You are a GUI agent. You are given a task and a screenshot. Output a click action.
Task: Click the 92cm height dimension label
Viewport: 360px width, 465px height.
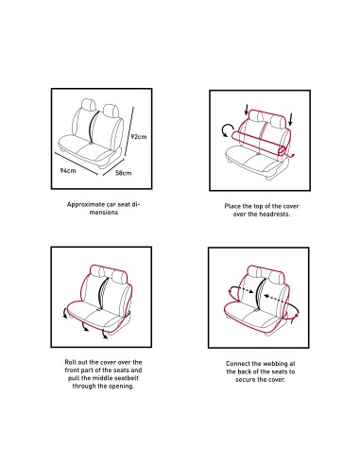point(139,137)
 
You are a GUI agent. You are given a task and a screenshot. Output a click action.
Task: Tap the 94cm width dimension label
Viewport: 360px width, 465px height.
point(68,170)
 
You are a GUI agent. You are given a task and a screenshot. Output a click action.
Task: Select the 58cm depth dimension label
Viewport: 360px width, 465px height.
point(123,173)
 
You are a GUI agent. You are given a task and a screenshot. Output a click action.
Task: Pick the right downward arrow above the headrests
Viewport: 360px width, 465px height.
point(291,119)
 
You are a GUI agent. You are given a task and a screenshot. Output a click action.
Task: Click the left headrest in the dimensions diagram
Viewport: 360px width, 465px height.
point(89,105)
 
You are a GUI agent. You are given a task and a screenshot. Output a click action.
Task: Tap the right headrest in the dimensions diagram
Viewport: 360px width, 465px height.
point(111,111)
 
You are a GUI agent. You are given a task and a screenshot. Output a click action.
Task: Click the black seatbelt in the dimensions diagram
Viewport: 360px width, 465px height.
point(92,127)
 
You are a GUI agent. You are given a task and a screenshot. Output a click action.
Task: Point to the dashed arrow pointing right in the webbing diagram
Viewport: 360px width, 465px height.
point(242,289)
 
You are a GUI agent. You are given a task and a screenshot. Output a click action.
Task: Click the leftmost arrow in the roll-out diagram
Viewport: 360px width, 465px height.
point(65,313)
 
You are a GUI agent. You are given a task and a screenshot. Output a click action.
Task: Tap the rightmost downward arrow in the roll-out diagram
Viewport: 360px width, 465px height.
point(105,335)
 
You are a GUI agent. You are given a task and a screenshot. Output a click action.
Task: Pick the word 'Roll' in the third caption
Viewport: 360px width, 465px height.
point(71,362)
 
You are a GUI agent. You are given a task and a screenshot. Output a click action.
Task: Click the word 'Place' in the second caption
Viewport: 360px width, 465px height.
point(232,206)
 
